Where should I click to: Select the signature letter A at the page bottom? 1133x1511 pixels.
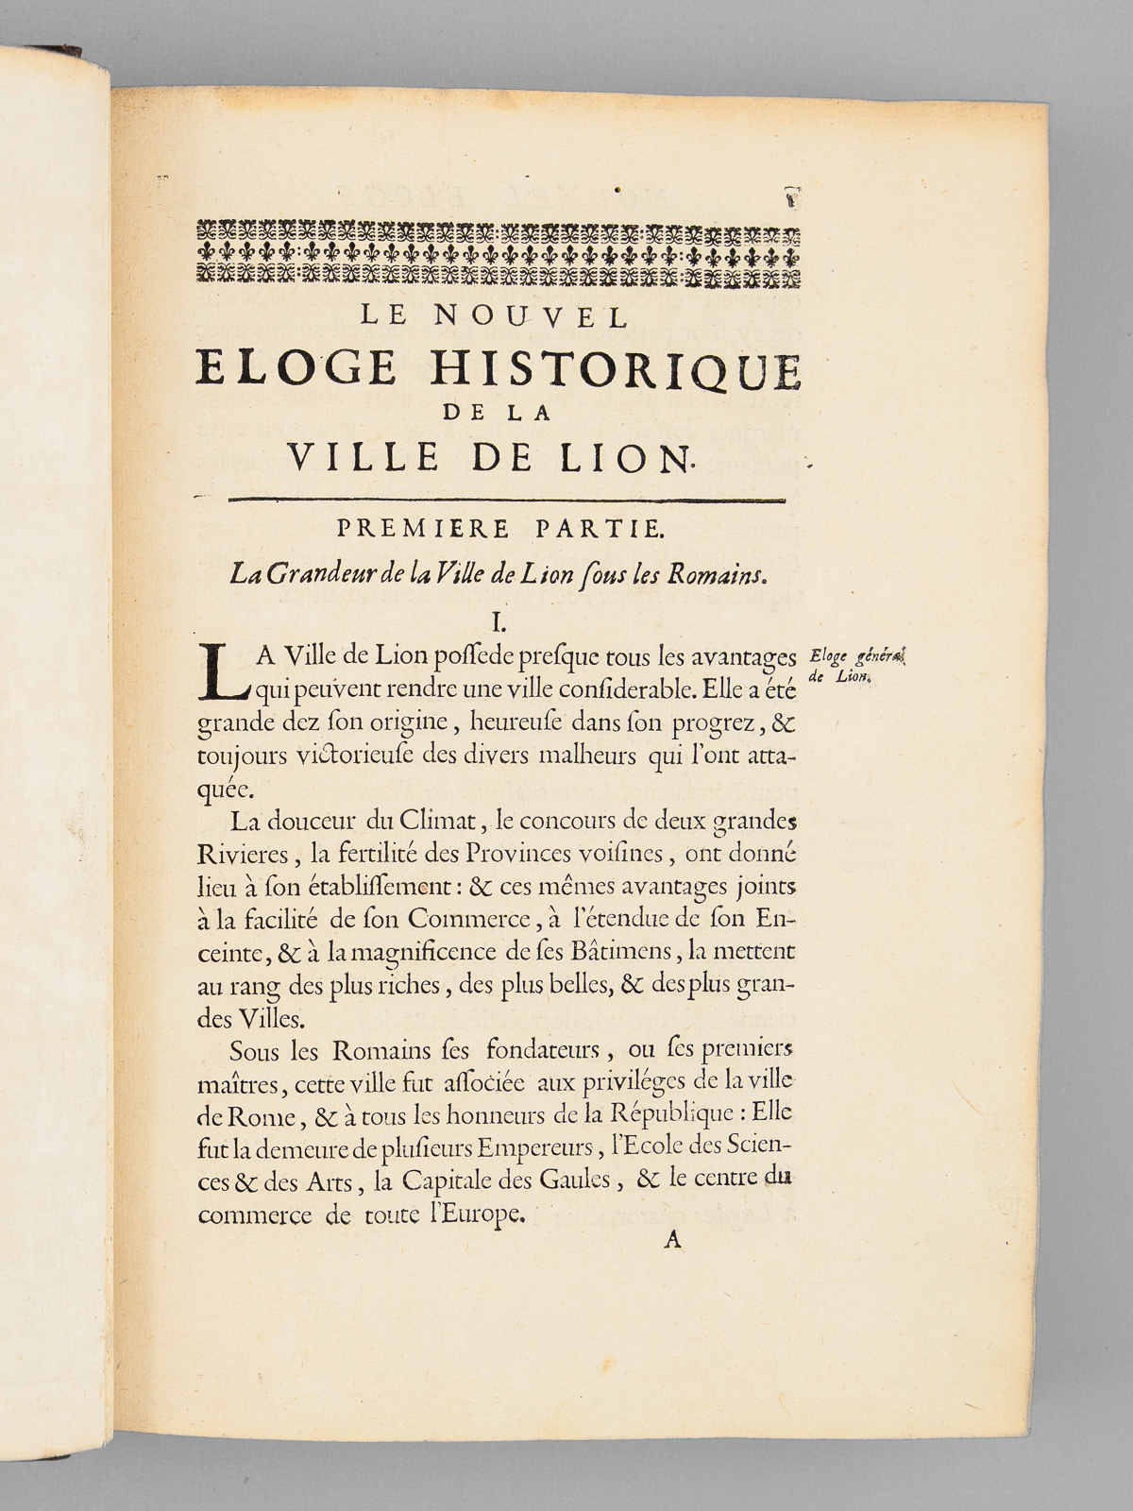[672, 1241]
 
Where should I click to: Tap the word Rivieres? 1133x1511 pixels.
[245, 856]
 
